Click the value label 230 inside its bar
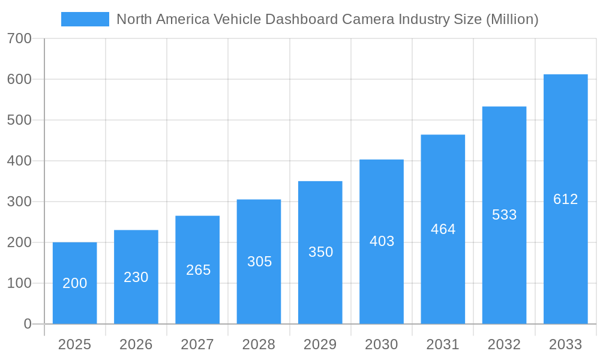click(136, 277)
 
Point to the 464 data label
click(443, 229)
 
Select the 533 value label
click(504, 215)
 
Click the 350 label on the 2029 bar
click(320, 252)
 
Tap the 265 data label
click(198, 270)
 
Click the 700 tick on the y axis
click(20, 38)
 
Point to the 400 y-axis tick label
click(20, 161)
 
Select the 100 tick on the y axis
click(20, 283)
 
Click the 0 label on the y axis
click(28, 324)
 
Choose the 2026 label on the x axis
click(136, 344)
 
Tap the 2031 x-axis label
click(443, 344)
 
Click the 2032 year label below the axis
click(504, 344)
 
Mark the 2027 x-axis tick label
click(197, 344)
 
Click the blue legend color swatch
click(85, 19)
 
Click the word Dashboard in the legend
click(302, 19)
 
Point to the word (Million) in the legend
click(512, 19)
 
